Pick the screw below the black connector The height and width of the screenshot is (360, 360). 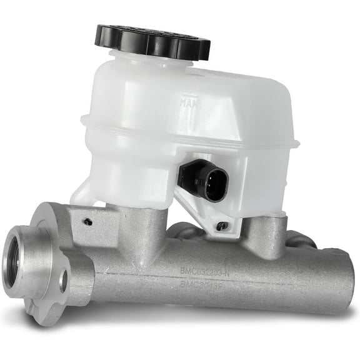tap(221, 226)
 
